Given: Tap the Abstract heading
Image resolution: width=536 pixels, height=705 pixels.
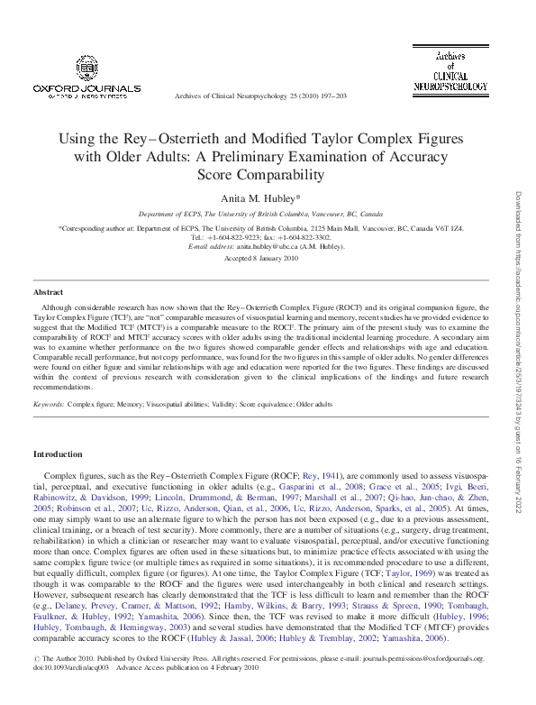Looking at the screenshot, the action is (48, 293).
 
